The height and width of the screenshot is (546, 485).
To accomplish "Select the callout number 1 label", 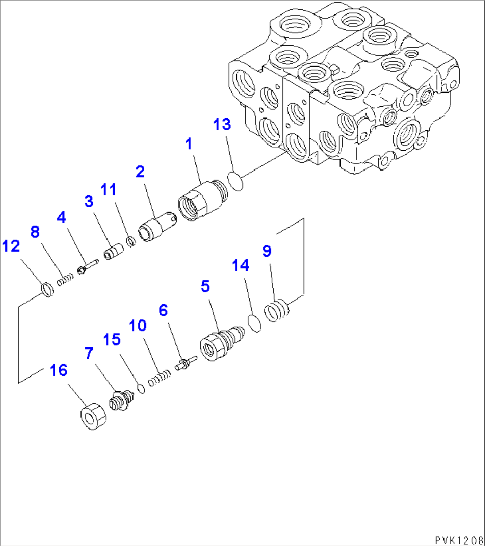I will click(189, 144).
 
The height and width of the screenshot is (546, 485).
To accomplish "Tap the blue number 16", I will click(58, 370).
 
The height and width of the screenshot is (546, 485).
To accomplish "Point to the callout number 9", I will click(267, 252).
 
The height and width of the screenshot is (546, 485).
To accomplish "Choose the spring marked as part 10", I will click(159, 379).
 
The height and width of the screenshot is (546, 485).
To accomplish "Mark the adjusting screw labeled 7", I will click(121, 399).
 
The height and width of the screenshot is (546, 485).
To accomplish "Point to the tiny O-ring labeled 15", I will click(141, 388).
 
